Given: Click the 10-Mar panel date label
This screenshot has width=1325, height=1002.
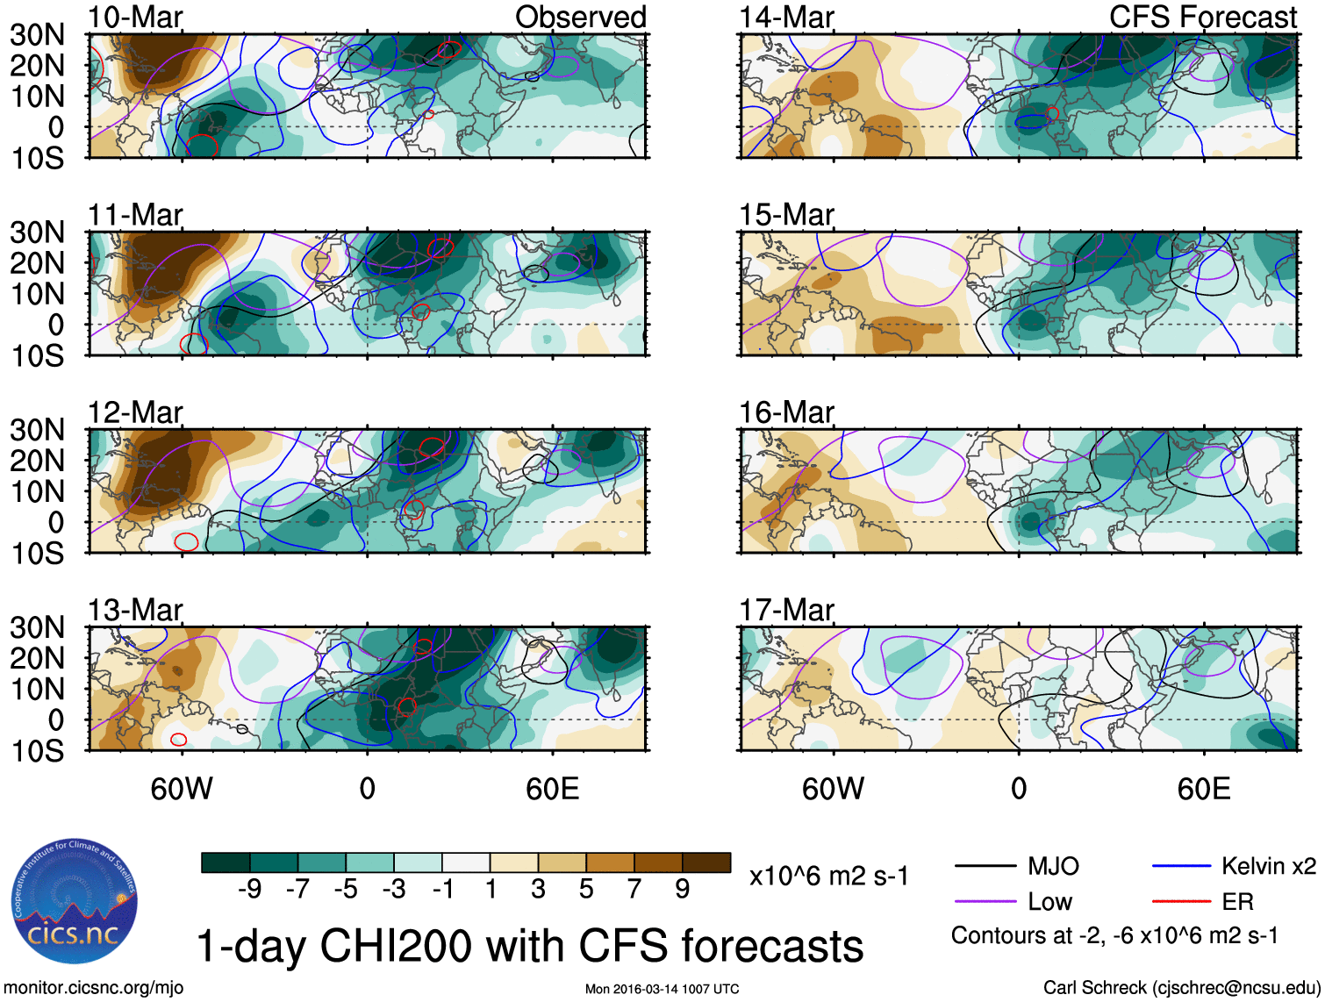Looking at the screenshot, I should [135, 18].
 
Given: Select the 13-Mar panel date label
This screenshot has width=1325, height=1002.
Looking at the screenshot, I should [135, 610].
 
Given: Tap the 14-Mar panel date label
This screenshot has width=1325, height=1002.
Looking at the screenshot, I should [786, 18].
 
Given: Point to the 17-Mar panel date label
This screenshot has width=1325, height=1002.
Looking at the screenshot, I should [786, 610].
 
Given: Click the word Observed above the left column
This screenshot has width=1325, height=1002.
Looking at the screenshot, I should [580, 18].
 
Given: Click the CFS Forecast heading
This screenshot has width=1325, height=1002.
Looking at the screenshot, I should [1202, 18].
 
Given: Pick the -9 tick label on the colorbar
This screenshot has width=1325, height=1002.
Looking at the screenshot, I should [249, 890].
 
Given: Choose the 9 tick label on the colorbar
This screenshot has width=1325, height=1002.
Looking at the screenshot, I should [682, 890].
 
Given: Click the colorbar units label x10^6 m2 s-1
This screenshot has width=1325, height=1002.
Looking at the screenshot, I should [828, 877].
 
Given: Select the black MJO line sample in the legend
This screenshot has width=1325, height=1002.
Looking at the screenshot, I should [985, 867].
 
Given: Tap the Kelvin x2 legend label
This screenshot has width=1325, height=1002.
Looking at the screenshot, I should [1268, 867].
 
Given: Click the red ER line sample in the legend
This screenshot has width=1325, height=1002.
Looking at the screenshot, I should [1181, 901].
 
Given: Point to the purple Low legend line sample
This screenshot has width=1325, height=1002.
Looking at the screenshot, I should [985, 901].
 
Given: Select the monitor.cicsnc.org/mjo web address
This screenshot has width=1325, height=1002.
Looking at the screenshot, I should [94, 988].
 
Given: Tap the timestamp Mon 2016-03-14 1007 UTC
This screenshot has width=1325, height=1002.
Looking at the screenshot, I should [662, 989].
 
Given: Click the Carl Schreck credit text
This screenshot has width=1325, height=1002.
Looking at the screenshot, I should [1181, 988].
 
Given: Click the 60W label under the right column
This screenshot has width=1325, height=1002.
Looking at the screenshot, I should [833, 789].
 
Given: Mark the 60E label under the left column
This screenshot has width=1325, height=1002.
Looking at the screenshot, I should [552, 789].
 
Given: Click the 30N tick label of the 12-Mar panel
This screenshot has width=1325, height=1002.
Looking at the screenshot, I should [38, 430].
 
